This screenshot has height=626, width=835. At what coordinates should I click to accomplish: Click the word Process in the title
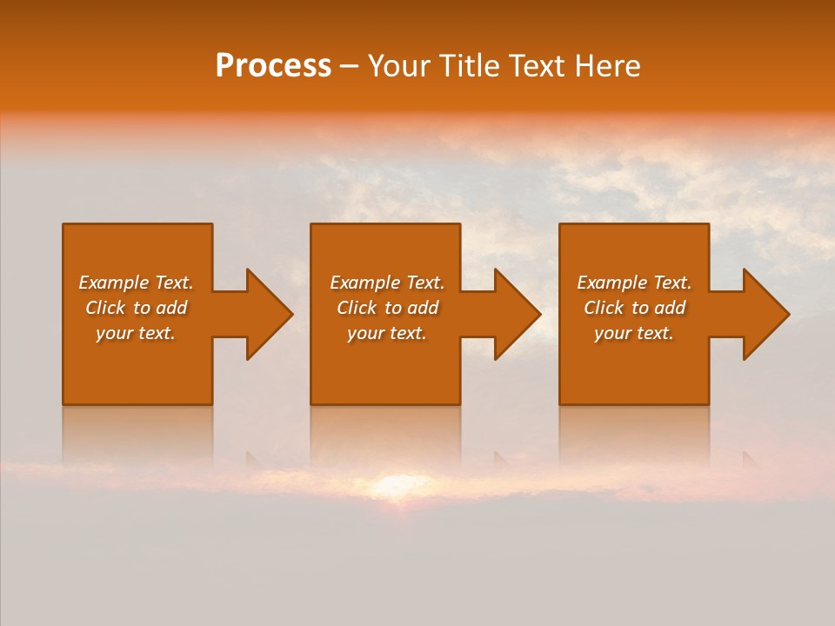pos(273,66)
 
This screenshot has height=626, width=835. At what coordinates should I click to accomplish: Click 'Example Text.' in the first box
pos(136,283)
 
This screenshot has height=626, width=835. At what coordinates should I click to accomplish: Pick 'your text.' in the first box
pos(136,333)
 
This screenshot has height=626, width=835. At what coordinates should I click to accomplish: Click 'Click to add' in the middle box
pos(387,308)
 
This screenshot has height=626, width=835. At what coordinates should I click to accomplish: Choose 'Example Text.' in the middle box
pos(387,283)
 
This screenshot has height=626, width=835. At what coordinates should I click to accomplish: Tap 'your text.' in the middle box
pos(387,333)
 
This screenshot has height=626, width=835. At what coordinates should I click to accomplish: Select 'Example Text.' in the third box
pos(634,283)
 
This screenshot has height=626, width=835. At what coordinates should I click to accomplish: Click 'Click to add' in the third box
pos(634,308)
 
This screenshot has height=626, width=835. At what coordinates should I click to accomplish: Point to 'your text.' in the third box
pos(634,333)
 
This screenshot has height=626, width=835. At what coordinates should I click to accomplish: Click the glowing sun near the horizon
pos(396,483)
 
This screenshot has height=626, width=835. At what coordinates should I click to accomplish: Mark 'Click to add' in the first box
pos(136,308)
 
